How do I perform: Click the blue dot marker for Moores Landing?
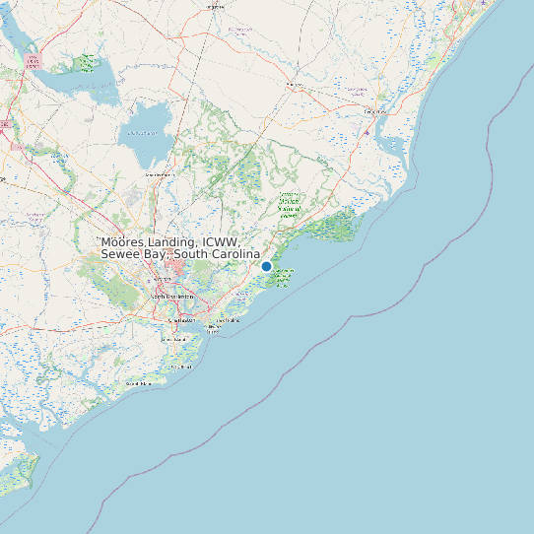point(266,266)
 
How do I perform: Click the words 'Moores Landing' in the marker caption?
point(147,242)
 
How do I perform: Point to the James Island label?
point(173,340)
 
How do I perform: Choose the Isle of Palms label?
point(229,320)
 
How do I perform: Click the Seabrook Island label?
point(138,383)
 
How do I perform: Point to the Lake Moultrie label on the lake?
point(143,134)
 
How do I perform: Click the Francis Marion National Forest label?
point(289,204)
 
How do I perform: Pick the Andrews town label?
point(294,85)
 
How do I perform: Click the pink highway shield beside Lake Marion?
point(34,61)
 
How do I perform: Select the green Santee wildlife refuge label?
point(88,62)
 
